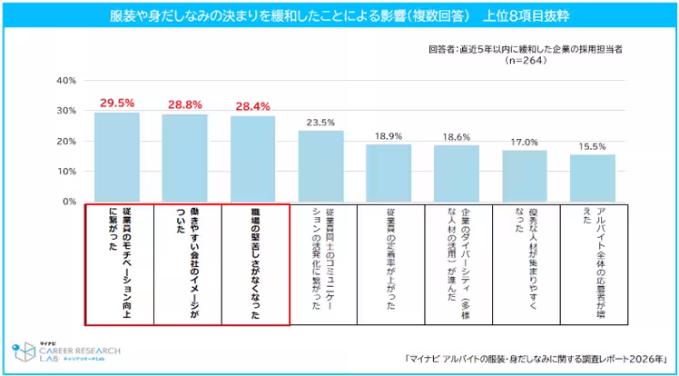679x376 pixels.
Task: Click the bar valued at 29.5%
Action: point(117,156)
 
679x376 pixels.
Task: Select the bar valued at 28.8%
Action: point(185,157)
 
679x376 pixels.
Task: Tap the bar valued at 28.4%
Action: point(252,158)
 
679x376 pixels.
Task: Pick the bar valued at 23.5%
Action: point(321,165)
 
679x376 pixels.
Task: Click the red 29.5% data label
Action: point(117,104)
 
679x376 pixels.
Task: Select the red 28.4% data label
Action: point(252,106)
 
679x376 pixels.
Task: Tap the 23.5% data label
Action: point(321,122)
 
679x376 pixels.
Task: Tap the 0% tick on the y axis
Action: point(67,202)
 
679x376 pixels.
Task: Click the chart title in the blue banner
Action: point(339,15)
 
